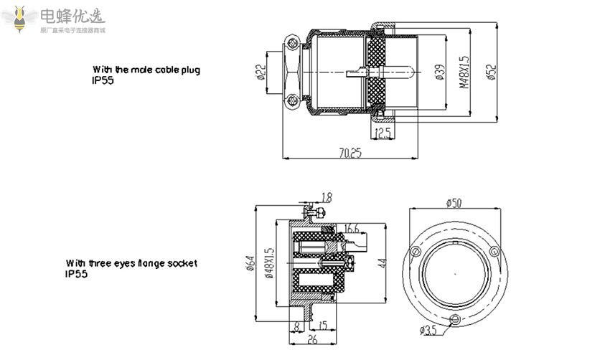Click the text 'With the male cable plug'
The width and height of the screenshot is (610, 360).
[x=146, y=70]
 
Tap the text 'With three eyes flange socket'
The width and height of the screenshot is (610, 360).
[x=131, y=263]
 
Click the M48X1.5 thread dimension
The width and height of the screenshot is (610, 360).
[x=464, y=72]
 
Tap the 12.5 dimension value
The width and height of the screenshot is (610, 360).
[x=383, y=133]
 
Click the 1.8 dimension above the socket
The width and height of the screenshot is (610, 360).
[x=327, y=196]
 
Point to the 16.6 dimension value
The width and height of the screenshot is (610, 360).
[x=352, y=229]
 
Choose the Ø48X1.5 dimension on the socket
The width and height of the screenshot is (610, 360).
[x=269, y=264]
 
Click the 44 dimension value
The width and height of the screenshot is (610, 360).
[x=383, y=263]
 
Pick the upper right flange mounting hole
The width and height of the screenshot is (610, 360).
[x=493, y=252]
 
